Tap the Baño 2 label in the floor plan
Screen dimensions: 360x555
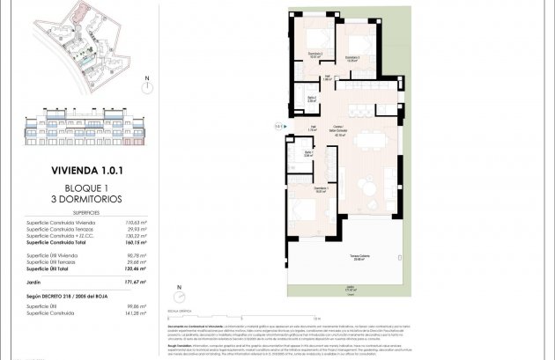coord(311,99)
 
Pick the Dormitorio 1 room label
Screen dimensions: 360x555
coord(322,188)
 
